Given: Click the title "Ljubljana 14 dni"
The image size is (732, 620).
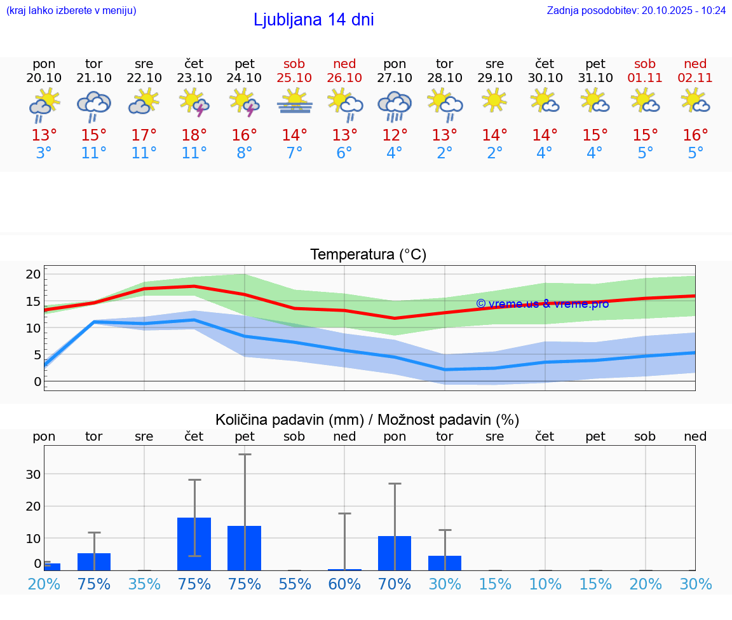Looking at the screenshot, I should point(313,20).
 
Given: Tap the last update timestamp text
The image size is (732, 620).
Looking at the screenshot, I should point(636,11).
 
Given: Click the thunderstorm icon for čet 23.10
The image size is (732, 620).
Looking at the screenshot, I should point(194,103).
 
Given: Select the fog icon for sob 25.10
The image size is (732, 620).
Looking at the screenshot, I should point(294,102).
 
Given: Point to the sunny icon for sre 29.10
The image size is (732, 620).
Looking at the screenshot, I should point(494,101).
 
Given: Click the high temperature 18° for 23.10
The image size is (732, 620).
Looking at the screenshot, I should point(194,135).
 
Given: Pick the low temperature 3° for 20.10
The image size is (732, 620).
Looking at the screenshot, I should point(44,153).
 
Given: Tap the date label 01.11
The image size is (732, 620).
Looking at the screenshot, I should point(645,78).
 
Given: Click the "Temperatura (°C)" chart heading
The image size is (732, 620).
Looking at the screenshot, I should point(368,255).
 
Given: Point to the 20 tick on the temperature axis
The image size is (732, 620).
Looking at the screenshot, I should point(33,274).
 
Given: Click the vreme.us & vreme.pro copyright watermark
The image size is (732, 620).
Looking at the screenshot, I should point(542,304).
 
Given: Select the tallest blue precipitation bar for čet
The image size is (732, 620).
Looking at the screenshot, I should point(194,544).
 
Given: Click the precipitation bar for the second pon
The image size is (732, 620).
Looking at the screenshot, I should point(395,553).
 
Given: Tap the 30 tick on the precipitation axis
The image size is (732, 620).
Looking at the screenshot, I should point(33,474).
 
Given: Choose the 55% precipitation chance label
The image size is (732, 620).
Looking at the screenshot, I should point(294,584).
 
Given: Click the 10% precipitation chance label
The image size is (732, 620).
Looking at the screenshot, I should point(545,584).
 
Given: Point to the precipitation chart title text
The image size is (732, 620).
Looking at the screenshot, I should point(367,420).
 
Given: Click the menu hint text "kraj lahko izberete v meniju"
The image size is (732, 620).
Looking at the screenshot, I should point(71,11).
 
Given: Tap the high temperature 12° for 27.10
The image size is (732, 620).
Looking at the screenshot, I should point(395,135).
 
